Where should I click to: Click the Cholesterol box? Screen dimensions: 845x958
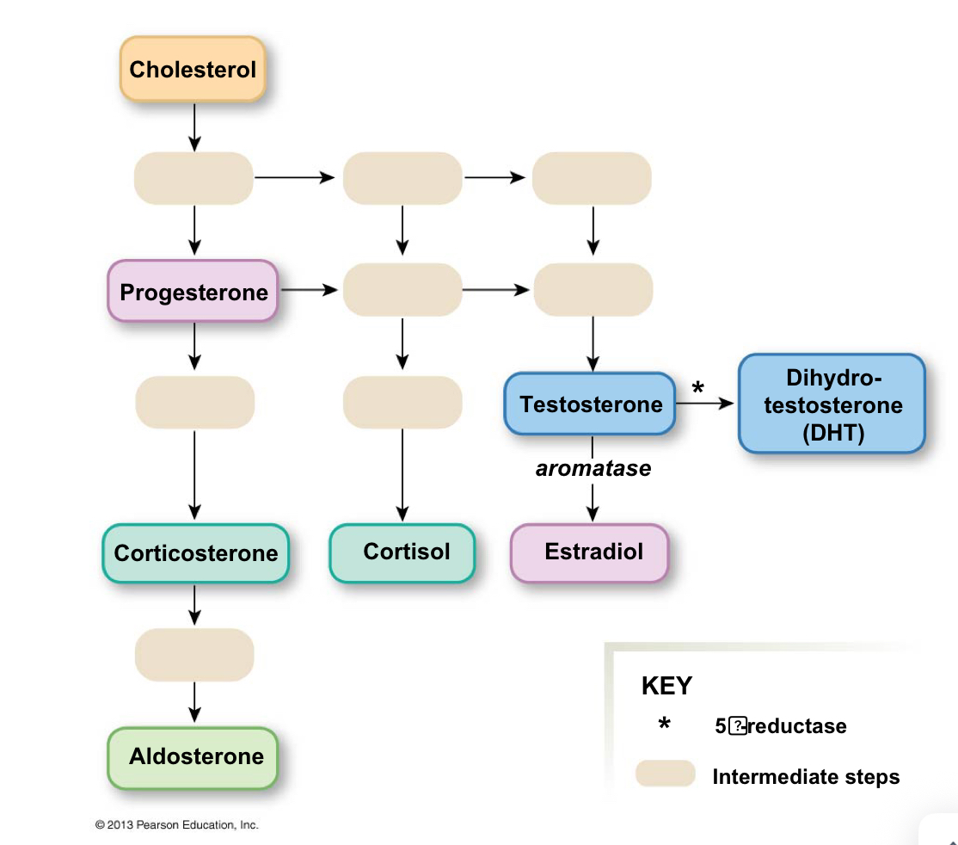click(193, 70)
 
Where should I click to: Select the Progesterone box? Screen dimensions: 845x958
click(193, 292)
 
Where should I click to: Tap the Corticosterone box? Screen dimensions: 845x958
click(195, 552)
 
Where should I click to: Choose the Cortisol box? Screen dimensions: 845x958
click(402, 552)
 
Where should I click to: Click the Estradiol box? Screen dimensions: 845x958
click(590, 552)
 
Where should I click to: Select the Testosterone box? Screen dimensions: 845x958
click(590, 404)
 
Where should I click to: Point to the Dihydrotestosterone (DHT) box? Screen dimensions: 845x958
click(832, 404)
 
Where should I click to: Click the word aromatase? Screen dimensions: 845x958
click(593, 469)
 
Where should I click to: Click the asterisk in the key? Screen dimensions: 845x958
click(664, 725)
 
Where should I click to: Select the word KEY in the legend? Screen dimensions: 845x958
click(666, 686)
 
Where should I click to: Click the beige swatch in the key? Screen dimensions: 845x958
click(665, 774)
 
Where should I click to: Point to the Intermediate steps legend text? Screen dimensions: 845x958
click(806, 777)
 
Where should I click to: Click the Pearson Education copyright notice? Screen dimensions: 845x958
click(176, 824)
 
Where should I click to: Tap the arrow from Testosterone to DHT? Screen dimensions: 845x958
click(707, 404)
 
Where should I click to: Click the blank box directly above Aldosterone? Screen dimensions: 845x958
click(194, 655)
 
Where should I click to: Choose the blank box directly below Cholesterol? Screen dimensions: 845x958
click(194, 178)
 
